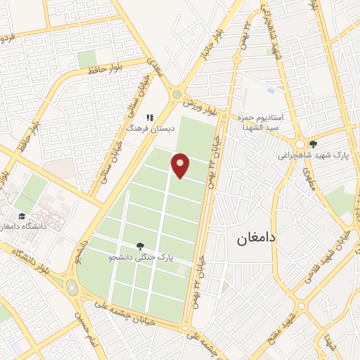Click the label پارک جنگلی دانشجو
click(140, 258)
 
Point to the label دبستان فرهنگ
click(145, 129)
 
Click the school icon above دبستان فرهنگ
click(148, 117)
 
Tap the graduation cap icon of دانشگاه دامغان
click(21, 215)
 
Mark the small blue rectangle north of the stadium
click(271, 91)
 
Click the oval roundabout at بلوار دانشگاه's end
click(71, 286)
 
